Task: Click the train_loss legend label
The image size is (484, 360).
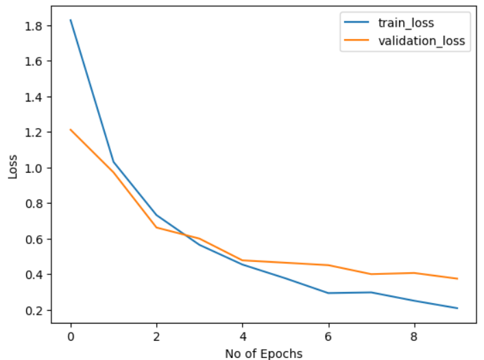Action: [x=404, y=23]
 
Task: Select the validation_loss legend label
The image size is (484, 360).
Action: [x=421, y=40]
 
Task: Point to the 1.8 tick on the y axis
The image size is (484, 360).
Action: [x=35, y=26]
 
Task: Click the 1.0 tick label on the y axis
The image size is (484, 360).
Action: [x=35, y=168]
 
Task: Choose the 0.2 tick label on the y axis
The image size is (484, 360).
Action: [x=35, y=311]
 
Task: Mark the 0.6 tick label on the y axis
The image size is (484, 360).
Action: [x=35, y=239]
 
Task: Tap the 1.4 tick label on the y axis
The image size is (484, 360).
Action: [x=35, y=97]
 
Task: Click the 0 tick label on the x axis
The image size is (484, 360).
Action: [x=71, y=337]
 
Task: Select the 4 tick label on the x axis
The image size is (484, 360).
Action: [x=243, y=337]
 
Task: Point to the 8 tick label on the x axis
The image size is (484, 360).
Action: [x=414, y=337]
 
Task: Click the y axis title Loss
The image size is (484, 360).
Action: [x=13, y=167]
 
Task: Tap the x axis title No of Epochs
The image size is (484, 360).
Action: [x=264, y=353]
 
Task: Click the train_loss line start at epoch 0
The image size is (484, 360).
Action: [x=71, y=21]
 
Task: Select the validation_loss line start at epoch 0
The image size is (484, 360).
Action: [x=71, y=130]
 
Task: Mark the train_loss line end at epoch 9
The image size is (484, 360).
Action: [x=457, y=308]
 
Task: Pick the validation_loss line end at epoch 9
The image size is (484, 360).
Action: [x=457, y=278]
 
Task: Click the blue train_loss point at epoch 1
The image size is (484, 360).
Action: [x=114, y=163]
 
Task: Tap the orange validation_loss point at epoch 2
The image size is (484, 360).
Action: [x=157, y=228]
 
